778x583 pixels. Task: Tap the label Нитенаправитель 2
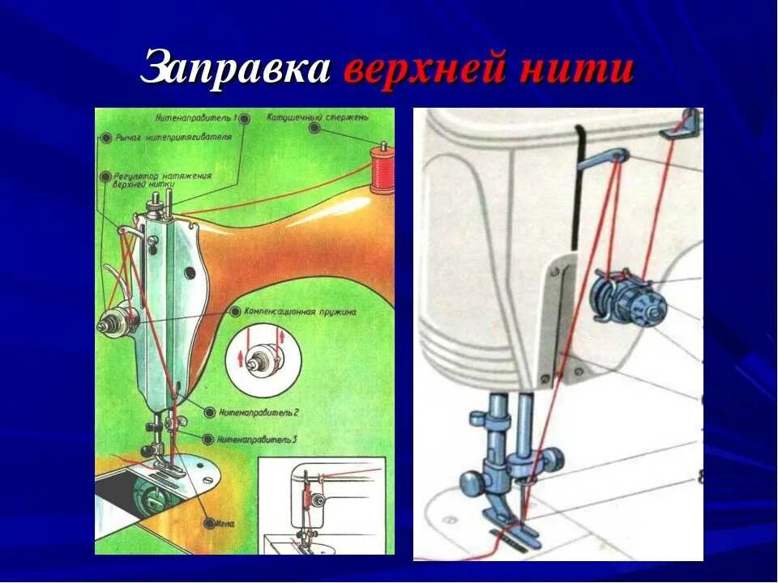(259, 412)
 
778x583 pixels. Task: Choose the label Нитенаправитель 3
(259, 439)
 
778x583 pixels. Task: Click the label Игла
(226, 525)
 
